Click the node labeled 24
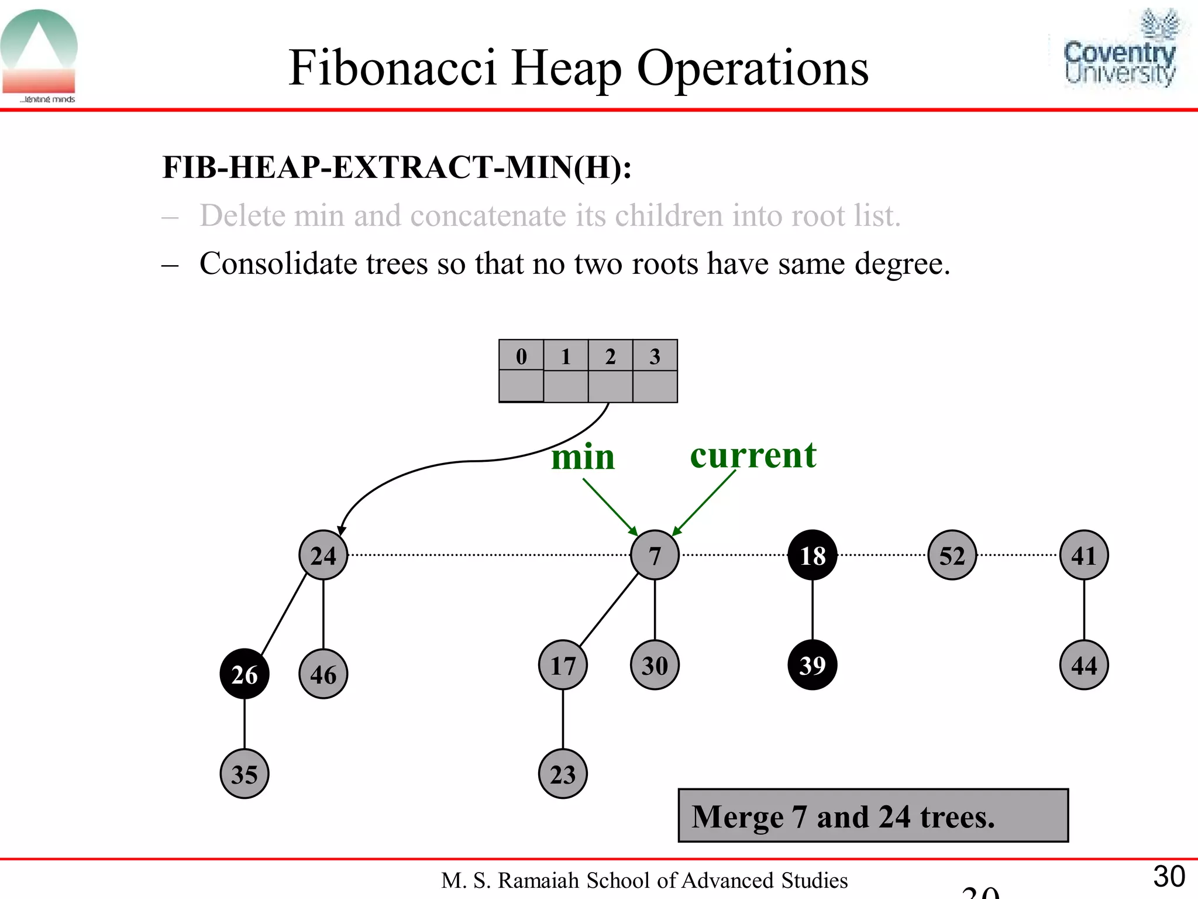(323, 555)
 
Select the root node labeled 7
(655, 555)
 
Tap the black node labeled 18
(812, 555)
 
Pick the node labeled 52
(952, 555)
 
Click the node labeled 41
(1083, 555)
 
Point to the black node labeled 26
(245, 674)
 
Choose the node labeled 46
(323, 674)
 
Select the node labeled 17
(563, 665)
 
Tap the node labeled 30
(655, 665)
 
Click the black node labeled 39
(812, 665)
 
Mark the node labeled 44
(1083, 665)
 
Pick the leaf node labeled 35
(245, 774)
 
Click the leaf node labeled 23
(563, 774)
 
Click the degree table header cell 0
(521, 355)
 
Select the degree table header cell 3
(655, 355)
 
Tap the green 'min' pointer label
(583, 457)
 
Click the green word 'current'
(753, 455)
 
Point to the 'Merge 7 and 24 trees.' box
(873, 815)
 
